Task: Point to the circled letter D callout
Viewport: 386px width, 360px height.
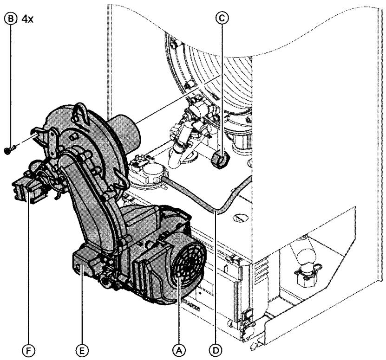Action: [216, 347]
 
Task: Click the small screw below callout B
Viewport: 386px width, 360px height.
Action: [9, 151]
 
